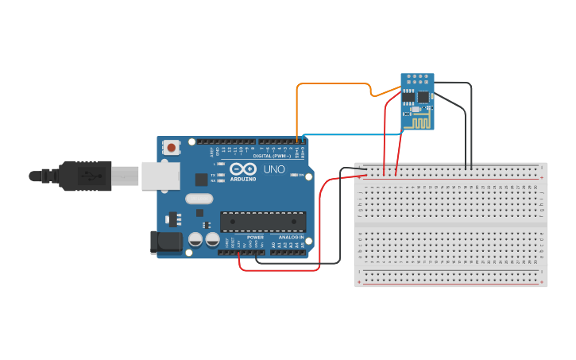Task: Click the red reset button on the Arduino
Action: coord(171,147)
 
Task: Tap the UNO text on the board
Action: coord(274,169)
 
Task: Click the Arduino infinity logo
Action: coord(242,169)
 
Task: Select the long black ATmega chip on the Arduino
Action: coord(262,222)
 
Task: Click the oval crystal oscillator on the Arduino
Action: coord(199,199)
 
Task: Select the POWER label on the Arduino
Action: coord(255,237)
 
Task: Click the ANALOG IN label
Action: coord(291,237)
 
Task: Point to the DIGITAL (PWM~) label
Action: coord(271,156)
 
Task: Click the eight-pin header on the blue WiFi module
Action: coord(418,79)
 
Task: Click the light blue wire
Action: coord(350,135)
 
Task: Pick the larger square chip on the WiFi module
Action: coord(423,97)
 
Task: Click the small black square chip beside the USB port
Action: coord(201,180)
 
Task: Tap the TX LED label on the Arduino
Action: coord(213,174)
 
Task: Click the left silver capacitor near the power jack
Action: coord(195,238)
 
